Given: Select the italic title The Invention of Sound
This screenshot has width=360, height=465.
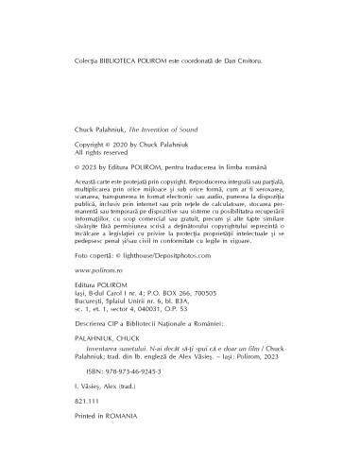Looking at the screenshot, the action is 163,124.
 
